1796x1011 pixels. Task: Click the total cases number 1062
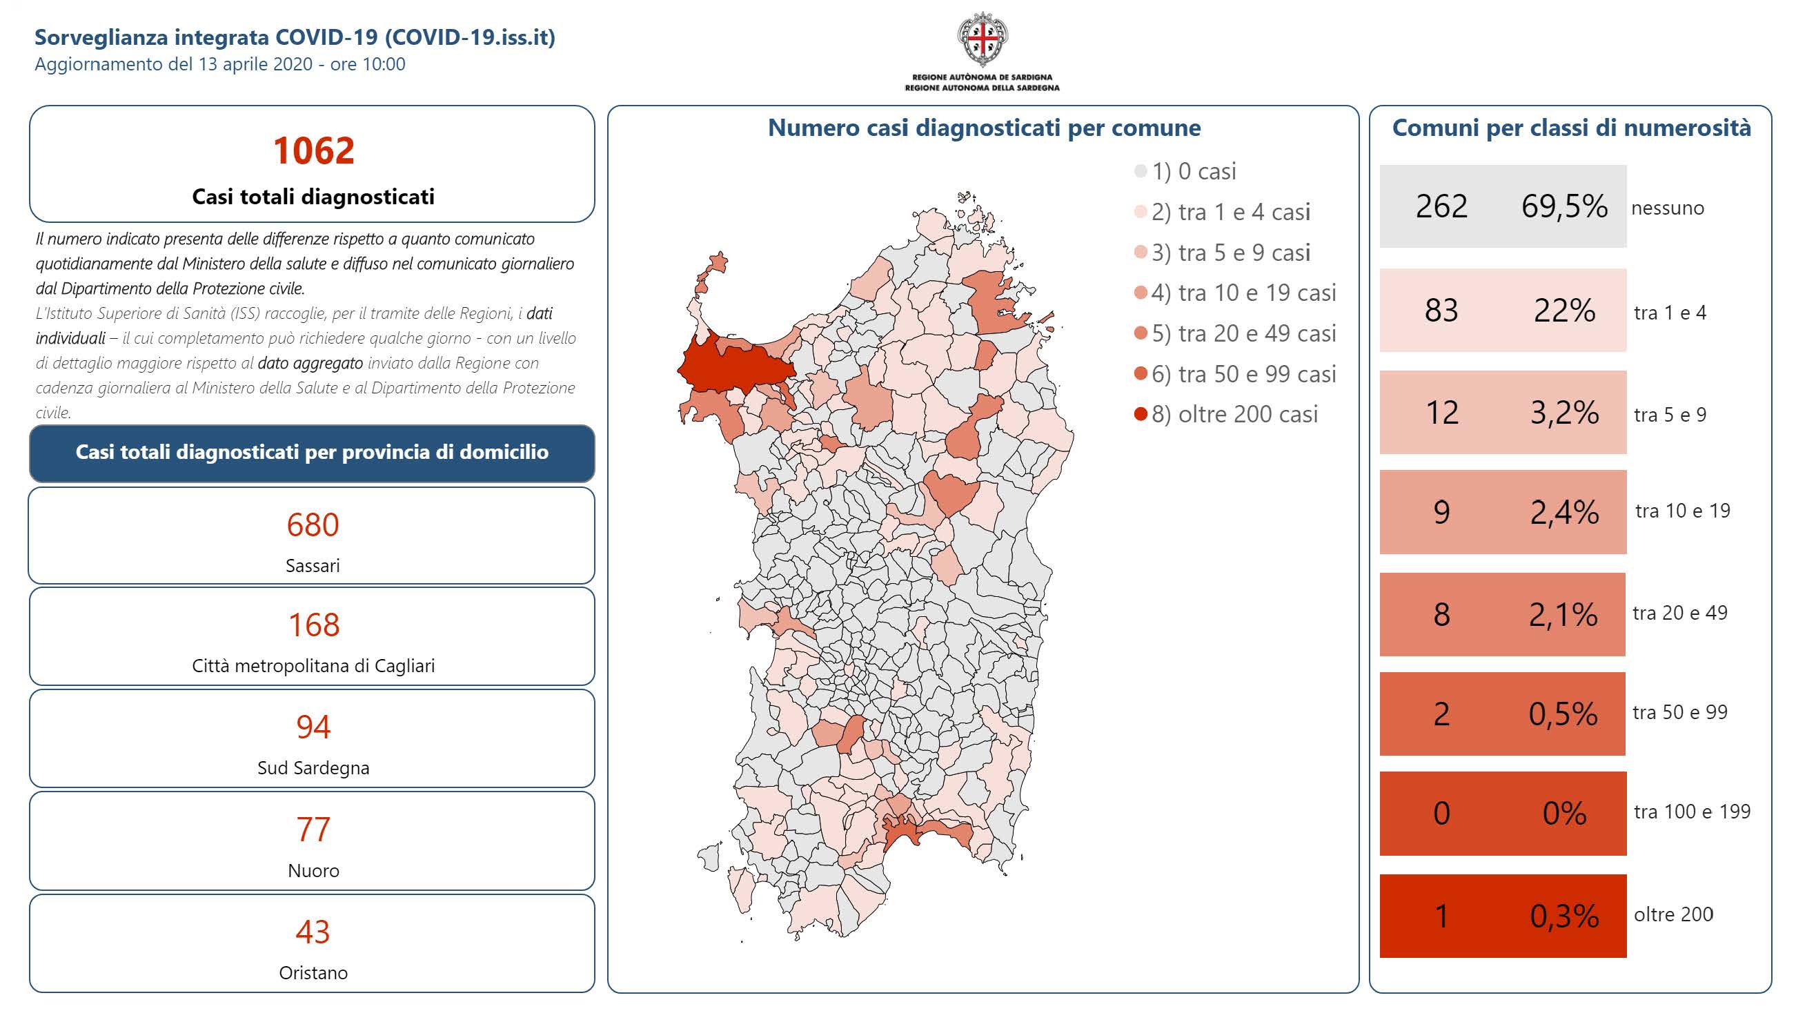point(313,150)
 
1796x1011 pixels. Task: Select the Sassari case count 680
point(313,524)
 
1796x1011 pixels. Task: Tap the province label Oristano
point(313,972)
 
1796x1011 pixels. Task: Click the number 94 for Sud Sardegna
point(313,727)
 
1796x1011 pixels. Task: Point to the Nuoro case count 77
point(313,830)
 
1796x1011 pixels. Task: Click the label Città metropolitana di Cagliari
point(313,666)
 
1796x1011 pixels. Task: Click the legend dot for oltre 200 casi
point(1141,415)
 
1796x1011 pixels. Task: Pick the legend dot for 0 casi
point(1141,172)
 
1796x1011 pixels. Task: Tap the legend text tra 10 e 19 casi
point(1243,293)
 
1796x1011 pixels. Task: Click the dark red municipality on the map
point(732,366)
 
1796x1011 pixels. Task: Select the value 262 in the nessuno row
point(1441,206)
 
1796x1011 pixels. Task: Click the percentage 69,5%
point(1564,206)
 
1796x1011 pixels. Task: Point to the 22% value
point(1564,311)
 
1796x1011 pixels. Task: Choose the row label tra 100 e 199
point(1692,812)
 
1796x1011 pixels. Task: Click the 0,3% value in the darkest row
point(1564,916)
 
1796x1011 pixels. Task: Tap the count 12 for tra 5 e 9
point(1441,413)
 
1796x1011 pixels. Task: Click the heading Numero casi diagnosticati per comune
point(984,128)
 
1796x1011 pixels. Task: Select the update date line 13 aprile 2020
point(219,64)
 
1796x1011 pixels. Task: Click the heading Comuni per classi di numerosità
point(1571,128)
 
